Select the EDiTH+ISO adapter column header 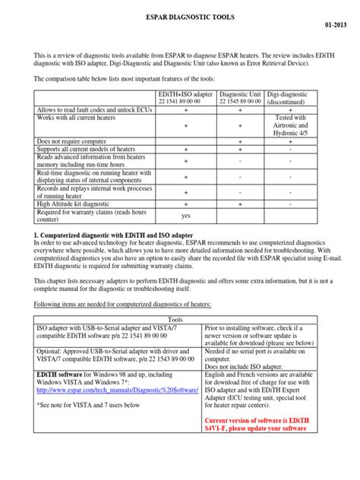pyautogui.click(x=185, y=96)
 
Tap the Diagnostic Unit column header pyautogui.click(x=242, y=96)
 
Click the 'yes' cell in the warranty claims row pyautogui.click(x=185, y=216)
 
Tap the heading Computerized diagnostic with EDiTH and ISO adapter pyautogui.click(x=114, y=236)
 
